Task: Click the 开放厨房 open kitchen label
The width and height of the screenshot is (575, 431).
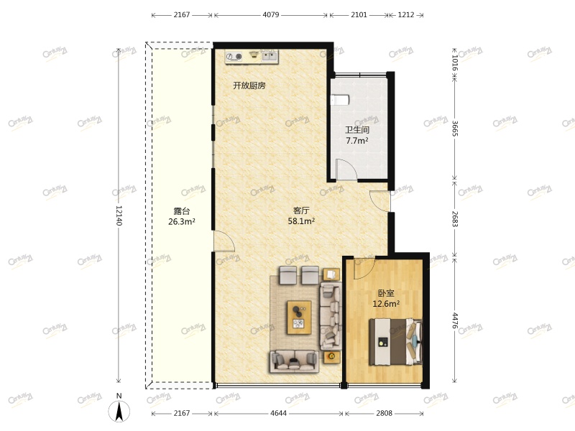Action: tap(249, 85)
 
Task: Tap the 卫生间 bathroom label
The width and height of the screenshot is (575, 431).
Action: tap(357, 130)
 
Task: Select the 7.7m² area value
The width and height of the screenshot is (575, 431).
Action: tap(357, 141)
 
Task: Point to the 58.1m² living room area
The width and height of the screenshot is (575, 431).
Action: tap(301, 221)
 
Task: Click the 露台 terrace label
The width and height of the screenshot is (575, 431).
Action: tap(181, 211)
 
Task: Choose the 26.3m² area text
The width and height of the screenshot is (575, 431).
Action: tap(181, 222)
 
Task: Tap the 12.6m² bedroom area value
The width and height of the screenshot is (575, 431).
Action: tap(386, 304)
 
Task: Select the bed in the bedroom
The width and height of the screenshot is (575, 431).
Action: tap(395, 342)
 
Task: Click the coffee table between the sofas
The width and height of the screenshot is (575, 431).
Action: tap(300, 316)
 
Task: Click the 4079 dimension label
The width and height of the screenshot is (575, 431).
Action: tap(271, 14)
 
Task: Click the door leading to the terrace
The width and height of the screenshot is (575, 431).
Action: tap(222, 242)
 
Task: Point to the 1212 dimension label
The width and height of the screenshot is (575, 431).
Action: tap(406, 14)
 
